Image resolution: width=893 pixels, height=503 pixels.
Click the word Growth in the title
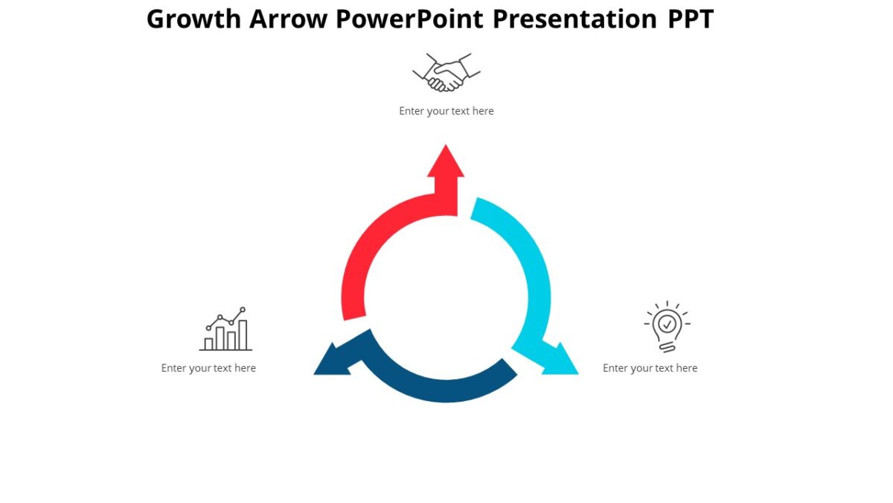pos(194,19)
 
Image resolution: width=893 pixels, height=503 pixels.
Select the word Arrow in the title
pos(288,19)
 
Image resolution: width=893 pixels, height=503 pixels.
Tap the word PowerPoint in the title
pos(408,19)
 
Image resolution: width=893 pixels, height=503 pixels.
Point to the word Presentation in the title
pos(571,19)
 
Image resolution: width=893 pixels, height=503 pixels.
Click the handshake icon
pos(446,72)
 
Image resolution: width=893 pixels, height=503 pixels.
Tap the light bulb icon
pos(667,326)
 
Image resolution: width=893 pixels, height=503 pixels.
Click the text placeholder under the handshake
pos(446,111)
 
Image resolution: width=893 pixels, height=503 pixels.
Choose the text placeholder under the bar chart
pos(208,368)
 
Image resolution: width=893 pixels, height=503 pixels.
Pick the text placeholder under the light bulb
pos(650,368)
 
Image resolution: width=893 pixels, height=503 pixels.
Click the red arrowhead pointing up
pos(446,162)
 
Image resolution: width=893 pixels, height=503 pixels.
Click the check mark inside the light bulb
pos(668,323)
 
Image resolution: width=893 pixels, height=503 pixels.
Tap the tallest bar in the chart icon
pos(243,335)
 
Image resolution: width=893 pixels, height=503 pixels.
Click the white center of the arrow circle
pos(446,298)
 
